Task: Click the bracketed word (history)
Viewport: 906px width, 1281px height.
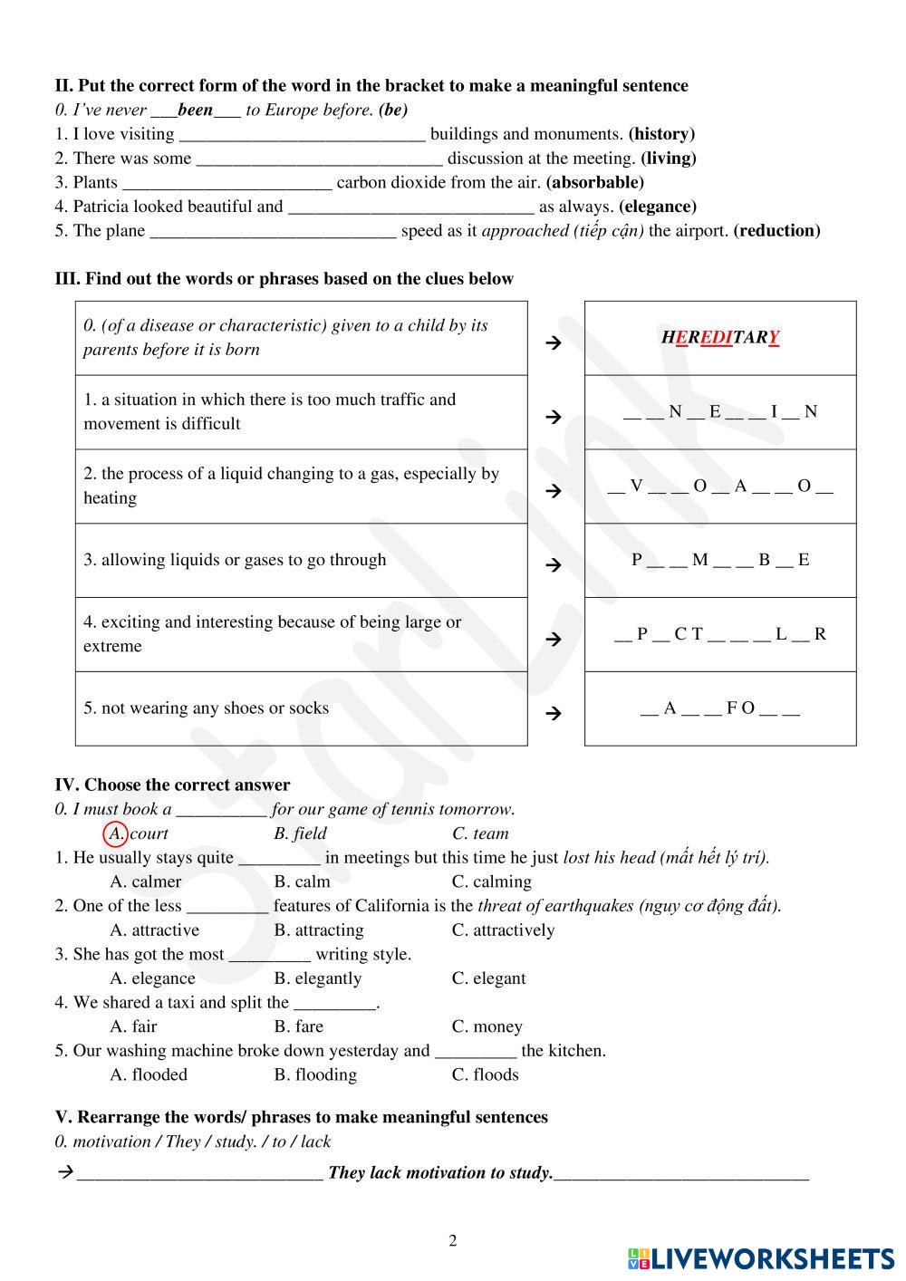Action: [x=661, y=134]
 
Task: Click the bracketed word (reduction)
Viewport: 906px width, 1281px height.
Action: [x=777, y=230]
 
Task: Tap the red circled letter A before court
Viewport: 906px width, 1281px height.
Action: [x=116, y=833]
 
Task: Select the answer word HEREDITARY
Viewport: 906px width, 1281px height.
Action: [x=720, y=337]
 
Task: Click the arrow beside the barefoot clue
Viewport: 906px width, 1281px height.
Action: [x=554, y=713]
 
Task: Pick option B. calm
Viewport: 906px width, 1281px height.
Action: [x=302, y=881]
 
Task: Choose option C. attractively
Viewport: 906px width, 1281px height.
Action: [x=503, y=929]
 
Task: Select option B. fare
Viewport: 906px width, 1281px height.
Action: [x=298, y=1026]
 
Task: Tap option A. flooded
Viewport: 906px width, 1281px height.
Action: [x=149, y=1074]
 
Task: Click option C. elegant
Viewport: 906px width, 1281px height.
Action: [x=488, y=978]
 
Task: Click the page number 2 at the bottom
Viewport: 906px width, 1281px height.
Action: [x=453, y=1240]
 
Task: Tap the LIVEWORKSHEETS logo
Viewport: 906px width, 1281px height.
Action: [x=761, y=1257]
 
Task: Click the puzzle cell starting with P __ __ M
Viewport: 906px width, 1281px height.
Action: [x=720, y=560]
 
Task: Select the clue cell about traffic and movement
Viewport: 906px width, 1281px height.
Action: [x=301, y=411]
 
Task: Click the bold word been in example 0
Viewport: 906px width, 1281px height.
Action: [x=195, y=111]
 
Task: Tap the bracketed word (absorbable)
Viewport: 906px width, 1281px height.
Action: [x=595, y=182]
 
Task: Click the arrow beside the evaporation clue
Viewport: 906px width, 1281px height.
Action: [x=554, y=491]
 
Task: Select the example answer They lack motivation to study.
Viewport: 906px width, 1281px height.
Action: [x=440, y=1172]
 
